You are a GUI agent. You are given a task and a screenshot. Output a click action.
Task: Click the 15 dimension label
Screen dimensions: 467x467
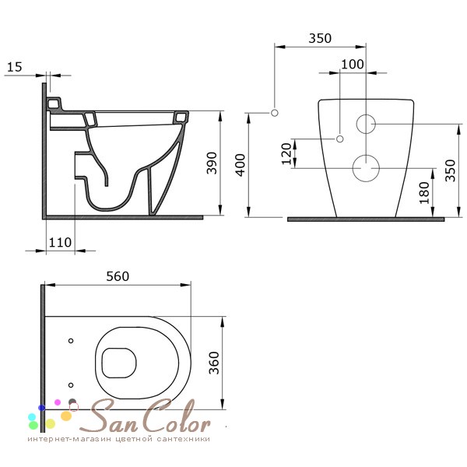click(x=14, y=67)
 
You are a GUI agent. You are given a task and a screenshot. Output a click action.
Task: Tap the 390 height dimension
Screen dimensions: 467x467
click(x=212, y=163)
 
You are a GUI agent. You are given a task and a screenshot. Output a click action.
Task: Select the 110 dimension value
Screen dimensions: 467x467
click(x=60, y=242)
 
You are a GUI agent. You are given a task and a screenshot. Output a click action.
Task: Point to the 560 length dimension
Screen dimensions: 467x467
click(x=118, y=276)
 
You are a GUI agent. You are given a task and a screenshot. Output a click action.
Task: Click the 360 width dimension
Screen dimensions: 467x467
click(x=214, y=363)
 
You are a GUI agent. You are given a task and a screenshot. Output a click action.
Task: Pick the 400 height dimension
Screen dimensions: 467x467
click(x=240, y=165)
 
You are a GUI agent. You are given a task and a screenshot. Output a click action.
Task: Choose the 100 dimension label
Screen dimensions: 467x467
click(x=353, y=64)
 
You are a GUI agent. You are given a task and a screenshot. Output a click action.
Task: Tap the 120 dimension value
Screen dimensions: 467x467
click(x=286, y=153)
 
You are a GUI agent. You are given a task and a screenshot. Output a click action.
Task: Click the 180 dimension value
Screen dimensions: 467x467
click(x=424, y=193)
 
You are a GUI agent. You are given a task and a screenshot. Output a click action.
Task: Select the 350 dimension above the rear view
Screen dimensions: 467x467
click(x=320, y=38)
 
